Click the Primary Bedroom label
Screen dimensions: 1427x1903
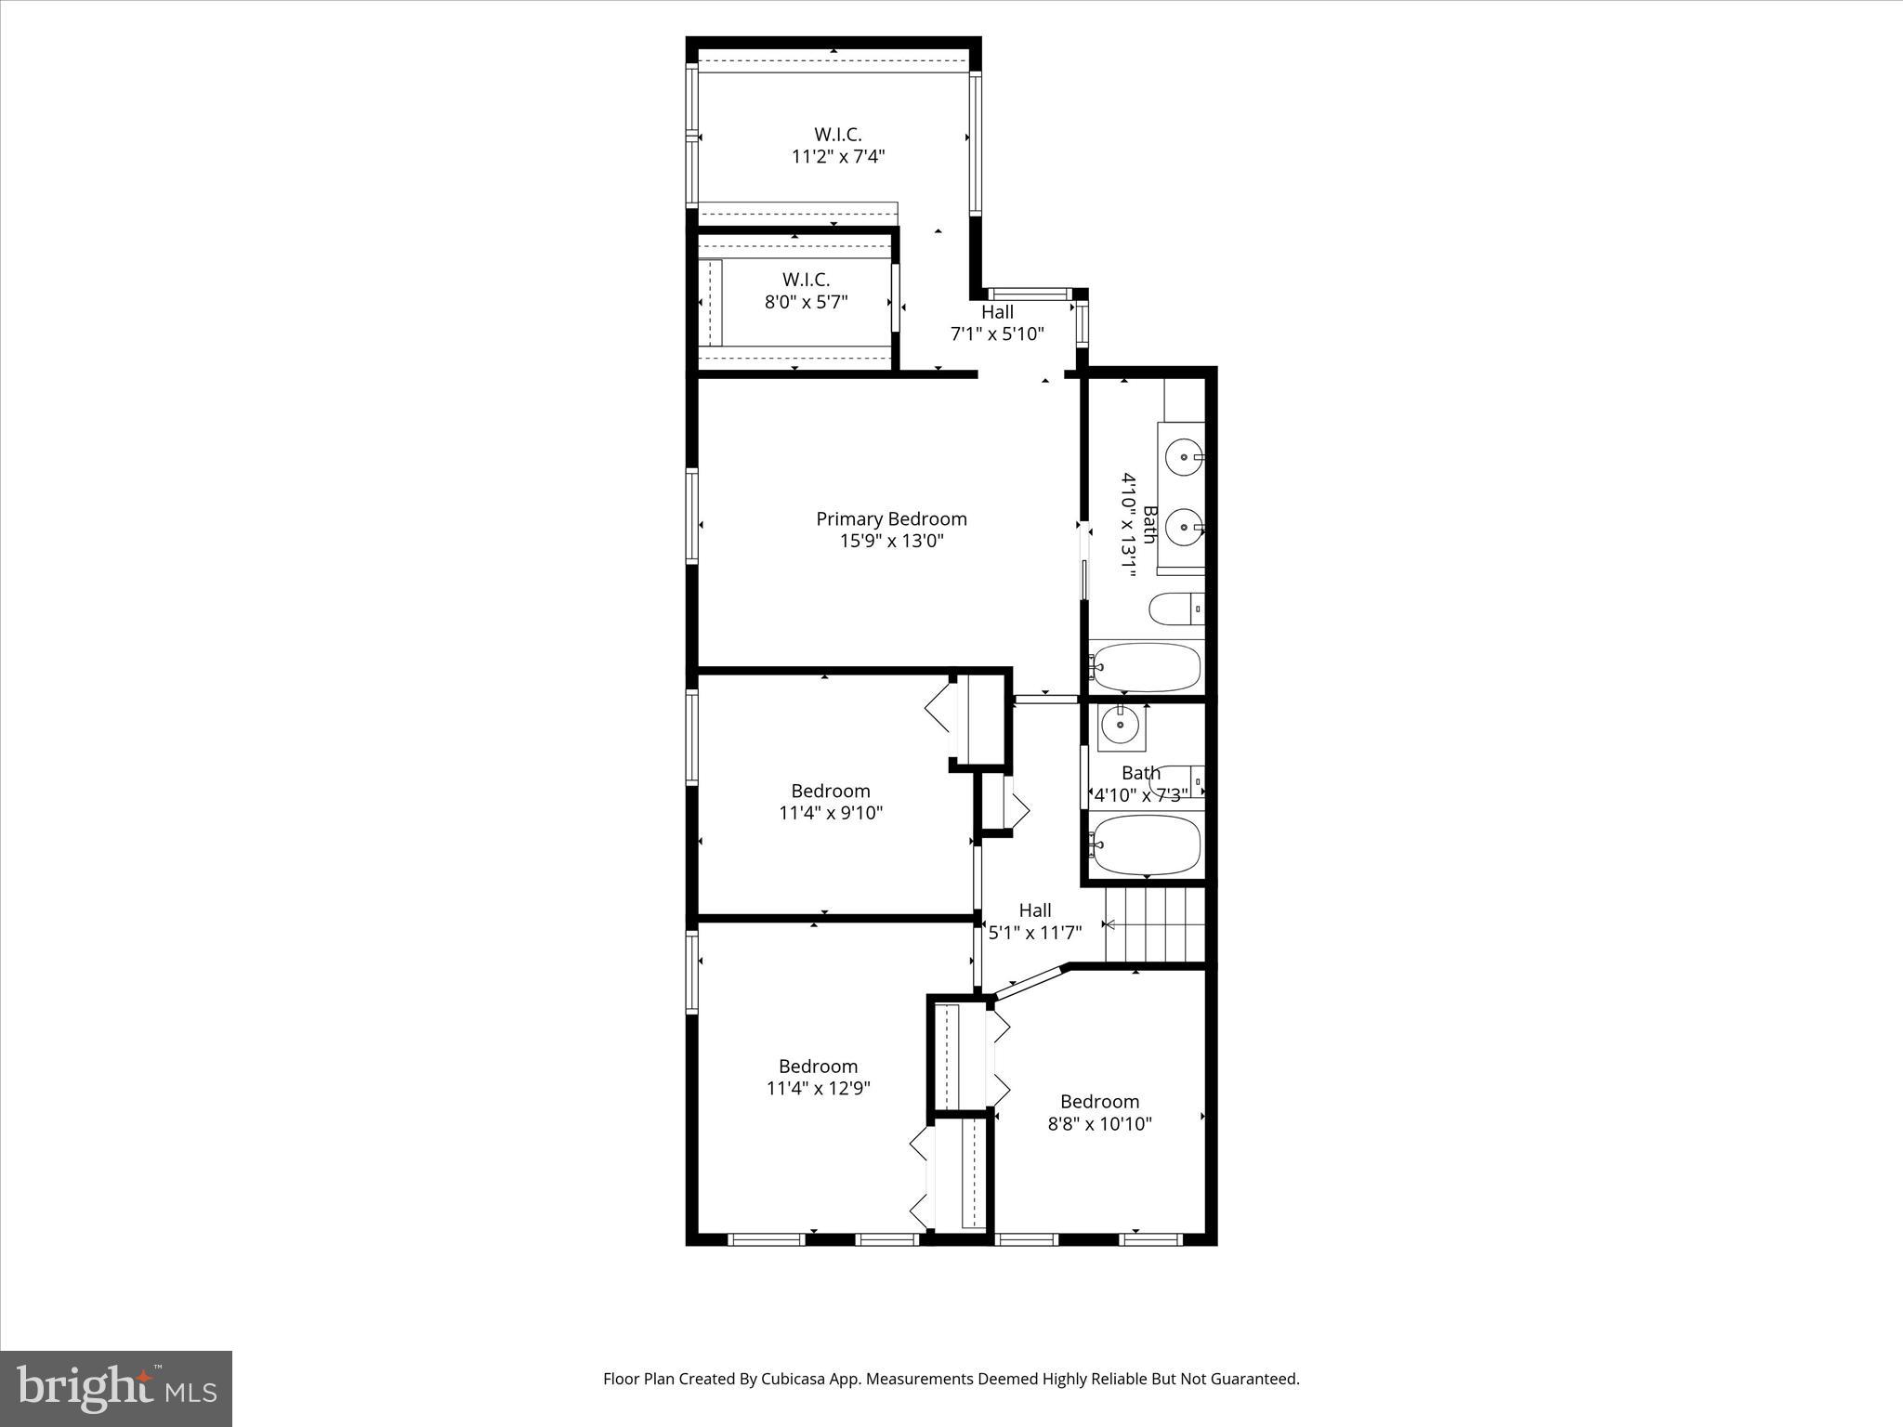coord(891,519)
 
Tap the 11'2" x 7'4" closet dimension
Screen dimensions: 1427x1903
coord(837,157)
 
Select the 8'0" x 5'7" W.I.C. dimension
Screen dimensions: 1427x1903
coord(806,302)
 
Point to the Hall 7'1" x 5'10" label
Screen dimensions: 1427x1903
coord(997,323)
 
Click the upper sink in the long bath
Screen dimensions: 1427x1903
coord(1182,457)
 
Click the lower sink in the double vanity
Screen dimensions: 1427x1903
coord(1182,528)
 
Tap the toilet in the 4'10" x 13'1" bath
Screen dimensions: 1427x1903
coord(1175,610)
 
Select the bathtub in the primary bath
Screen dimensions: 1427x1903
coord(1147,667)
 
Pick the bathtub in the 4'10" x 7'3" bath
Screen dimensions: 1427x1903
coord(1147,845)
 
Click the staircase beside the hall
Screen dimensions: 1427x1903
coord(1155,925)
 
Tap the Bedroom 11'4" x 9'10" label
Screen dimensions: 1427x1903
coord(831,802)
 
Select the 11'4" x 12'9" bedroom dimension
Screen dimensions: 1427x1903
coord(818,1088)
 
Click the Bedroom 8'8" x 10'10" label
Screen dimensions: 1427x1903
coord(1099,1112)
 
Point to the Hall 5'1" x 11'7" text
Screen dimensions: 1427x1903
coord(1034,922)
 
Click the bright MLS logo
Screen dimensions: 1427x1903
coord(116,1388)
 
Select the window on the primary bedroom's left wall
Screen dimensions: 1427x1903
coord(692,517)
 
